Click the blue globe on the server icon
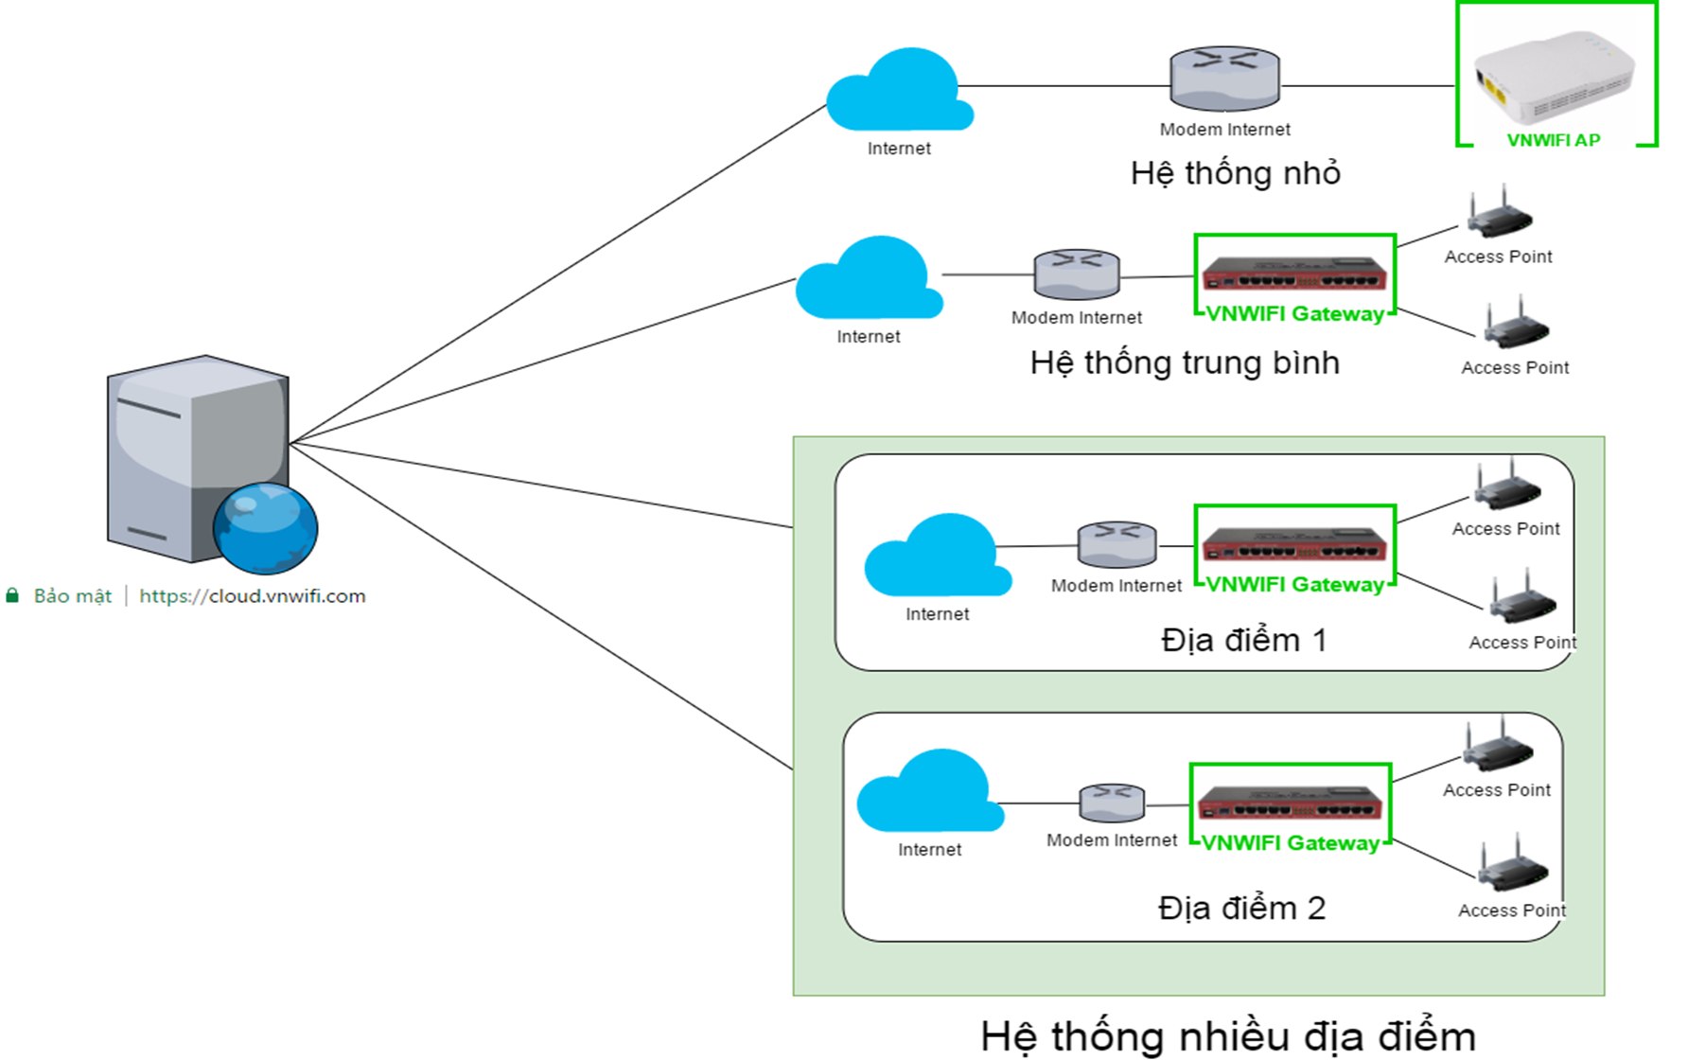point(265,528)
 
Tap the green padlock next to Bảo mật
point(12,595)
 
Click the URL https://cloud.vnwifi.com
point(252,596)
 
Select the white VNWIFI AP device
point(1554,78)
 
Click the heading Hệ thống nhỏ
point(1235,173)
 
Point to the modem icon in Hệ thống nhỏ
point(1224,78)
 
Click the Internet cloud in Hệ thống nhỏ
point(898,92)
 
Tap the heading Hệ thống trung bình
point(1184,363)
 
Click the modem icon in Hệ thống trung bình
point(1077,274)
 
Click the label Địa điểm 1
point(1243,641)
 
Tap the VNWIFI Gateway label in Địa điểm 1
point(1294,585)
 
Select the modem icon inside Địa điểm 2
point(1112,803)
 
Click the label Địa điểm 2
point(1241,909)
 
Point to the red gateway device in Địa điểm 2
point(1290,804)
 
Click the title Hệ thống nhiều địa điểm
point(1227,1036)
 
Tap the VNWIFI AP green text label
point(1553,140)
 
